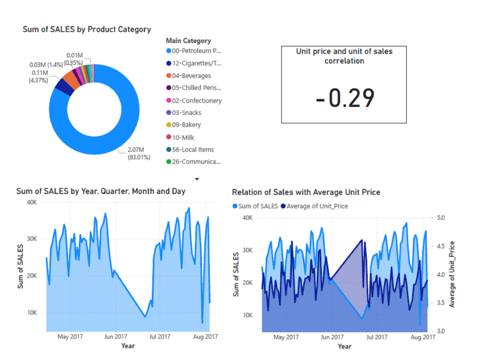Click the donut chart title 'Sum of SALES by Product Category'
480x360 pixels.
86,29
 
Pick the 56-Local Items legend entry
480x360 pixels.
192,150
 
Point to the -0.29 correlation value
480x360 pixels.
345,98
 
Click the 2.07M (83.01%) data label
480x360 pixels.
138,154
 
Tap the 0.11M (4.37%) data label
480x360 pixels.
39,76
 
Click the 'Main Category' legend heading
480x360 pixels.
188,41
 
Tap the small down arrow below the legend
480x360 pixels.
196,179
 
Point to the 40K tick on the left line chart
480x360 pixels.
32,203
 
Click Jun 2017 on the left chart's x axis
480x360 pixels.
115,336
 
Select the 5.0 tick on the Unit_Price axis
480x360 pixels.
440,218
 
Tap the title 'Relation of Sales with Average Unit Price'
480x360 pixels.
306,192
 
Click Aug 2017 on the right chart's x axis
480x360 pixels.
422,337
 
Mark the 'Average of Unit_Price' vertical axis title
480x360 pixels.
452,274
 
